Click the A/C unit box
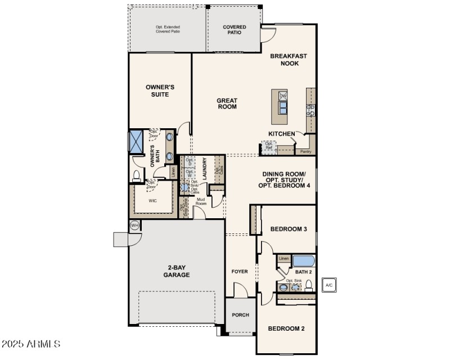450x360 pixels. point(329,285)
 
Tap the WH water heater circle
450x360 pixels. point(134,226)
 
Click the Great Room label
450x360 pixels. point(227,103)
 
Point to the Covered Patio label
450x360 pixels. point(235,30)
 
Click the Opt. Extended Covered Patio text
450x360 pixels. point(168,29)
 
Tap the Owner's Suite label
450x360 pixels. point(160,91)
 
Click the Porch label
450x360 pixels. point(241,315)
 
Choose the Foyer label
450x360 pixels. point(240,272)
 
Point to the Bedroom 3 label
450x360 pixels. point(288,229)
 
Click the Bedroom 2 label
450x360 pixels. point(286,328)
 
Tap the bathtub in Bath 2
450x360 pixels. point(303,260)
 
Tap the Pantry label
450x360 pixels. point(305,151)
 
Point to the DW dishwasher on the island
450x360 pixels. point(283,96)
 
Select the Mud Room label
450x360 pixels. point(201,201)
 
